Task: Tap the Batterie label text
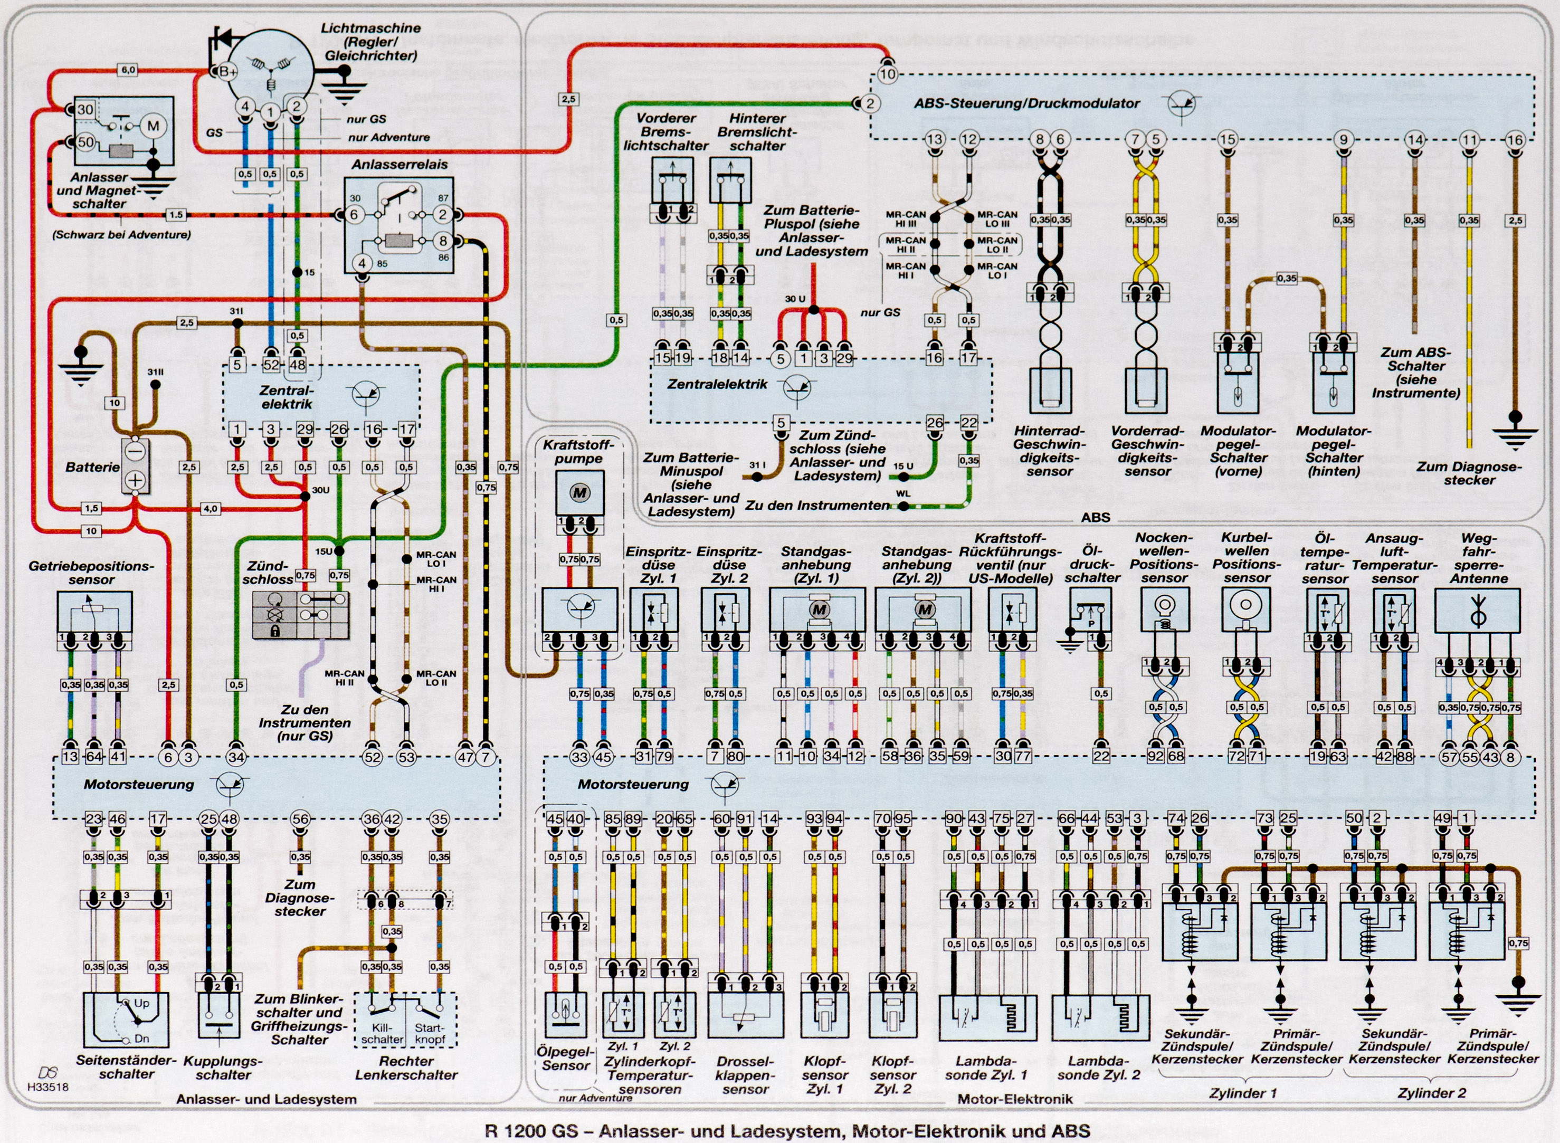(92, 467)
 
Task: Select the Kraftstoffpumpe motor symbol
(580, 493)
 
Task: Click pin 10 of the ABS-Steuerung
(888, 74)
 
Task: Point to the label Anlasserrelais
(399, 165)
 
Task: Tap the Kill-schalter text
(382, 1034)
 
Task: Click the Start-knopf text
(430, 1034)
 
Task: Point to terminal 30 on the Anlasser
(85, 109)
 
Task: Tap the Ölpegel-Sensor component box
(566, 1015)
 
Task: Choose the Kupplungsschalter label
(222, 1068)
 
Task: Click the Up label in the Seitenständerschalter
(141, 1003)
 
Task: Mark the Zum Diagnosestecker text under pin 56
(300, 898)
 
